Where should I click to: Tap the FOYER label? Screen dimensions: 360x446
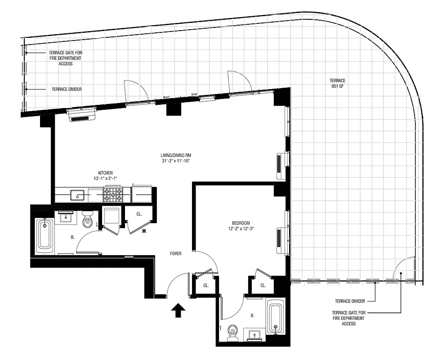tap(175, 254)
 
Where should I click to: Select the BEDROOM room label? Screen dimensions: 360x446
tap(241, 223)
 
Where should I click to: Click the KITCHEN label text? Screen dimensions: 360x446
tap(105, 173)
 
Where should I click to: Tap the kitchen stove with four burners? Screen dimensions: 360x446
tap(113, 194)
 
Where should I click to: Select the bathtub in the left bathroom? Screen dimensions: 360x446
tap(45, 234)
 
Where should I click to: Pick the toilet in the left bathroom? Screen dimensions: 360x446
tap(88, 219)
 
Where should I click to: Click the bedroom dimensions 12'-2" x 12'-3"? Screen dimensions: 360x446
tap(241, 229)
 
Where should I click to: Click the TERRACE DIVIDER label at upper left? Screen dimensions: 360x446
tap(67, 89)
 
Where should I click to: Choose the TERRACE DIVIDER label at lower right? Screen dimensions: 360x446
tap(350, 301)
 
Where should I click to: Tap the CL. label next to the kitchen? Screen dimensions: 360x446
tap(139, 214)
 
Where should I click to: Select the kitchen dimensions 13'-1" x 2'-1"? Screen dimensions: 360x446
tap(105, 179)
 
